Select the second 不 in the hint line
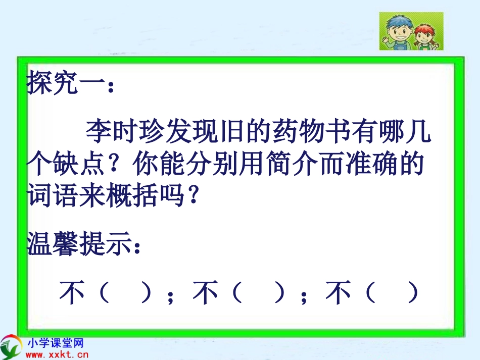pyautogui.click(x=205, y=293)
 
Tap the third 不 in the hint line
pyautogui.click(x=338, y=293)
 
